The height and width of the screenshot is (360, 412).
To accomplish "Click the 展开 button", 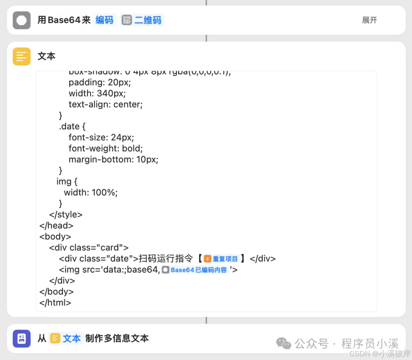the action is click(369, 20).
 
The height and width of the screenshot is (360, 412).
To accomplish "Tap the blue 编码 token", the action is click(105, 20).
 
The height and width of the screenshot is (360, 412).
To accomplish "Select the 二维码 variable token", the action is click(142, 20).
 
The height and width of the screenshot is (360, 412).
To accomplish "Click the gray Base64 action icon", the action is click(22, 20).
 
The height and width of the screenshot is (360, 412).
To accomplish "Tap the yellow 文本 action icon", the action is click(22, 57).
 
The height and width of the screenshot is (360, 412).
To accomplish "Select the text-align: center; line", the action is click(105, 104).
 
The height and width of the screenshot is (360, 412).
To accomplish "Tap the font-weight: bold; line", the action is click(106, 148).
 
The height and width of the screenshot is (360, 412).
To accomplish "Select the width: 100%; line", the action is click(91, 192).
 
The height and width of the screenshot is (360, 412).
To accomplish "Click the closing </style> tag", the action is click(66, 215).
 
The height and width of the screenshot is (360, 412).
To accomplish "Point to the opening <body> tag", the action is click(55, 236).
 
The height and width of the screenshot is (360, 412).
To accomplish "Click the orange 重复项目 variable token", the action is click(221, 259).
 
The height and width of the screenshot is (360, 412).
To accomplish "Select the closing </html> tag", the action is click(55, 303).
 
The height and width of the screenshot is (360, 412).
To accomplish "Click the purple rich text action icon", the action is click(22, 339).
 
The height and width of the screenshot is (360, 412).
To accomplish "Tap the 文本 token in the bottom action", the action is click(66, 338).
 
